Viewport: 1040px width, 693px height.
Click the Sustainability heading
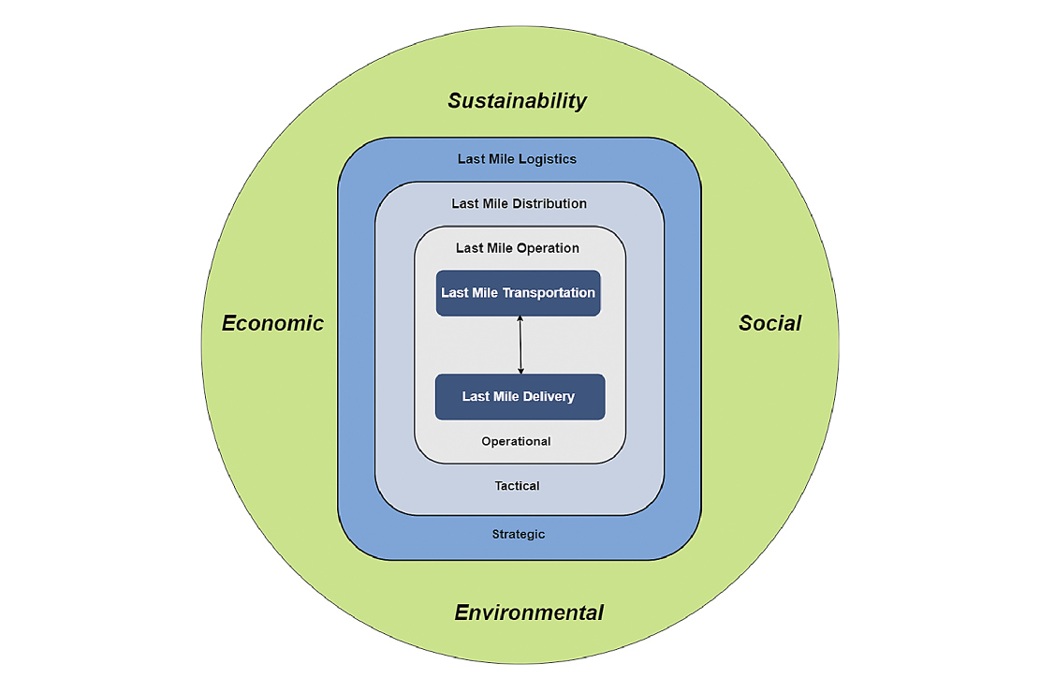pyautogui.click(x=517, y=101)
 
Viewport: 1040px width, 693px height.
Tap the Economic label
pyautogui.click(x=272, y=323)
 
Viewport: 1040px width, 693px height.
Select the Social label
pyautogui.click(x=769, y=323)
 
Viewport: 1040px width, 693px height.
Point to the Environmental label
pyautogui.click(x=529, y=613)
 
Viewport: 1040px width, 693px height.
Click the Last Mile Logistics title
pyautogui.click(x=517, y=159)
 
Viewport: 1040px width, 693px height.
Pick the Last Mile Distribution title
pyautogui.click(x=519, y=203)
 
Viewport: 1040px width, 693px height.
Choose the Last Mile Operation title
pyautogui.click(x=518, y=248)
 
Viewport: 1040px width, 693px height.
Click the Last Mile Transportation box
pyautogui.click(x=518, y=293)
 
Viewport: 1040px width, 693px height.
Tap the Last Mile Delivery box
pyautogui.click(x=520, y=397)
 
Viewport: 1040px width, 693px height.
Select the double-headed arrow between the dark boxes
pyautogui.click(x=520, y=346)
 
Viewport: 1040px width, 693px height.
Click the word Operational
pyautogui.click(x=516, y=441)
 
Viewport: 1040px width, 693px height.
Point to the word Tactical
pyautogui.click(x=517, y=486)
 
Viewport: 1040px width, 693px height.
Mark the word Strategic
pyautogui.click(x=518, y=534)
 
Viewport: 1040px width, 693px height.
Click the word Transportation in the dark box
pyautogui.click(x=549, y=293)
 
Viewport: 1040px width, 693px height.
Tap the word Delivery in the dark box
pyautogui.click(x=549, y=397)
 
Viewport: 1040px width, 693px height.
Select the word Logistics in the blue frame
pyautogui.click(x=548, y=159)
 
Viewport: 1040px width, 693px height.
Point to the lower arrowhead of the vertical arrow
pyautogui.click(x=520, y=371)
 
